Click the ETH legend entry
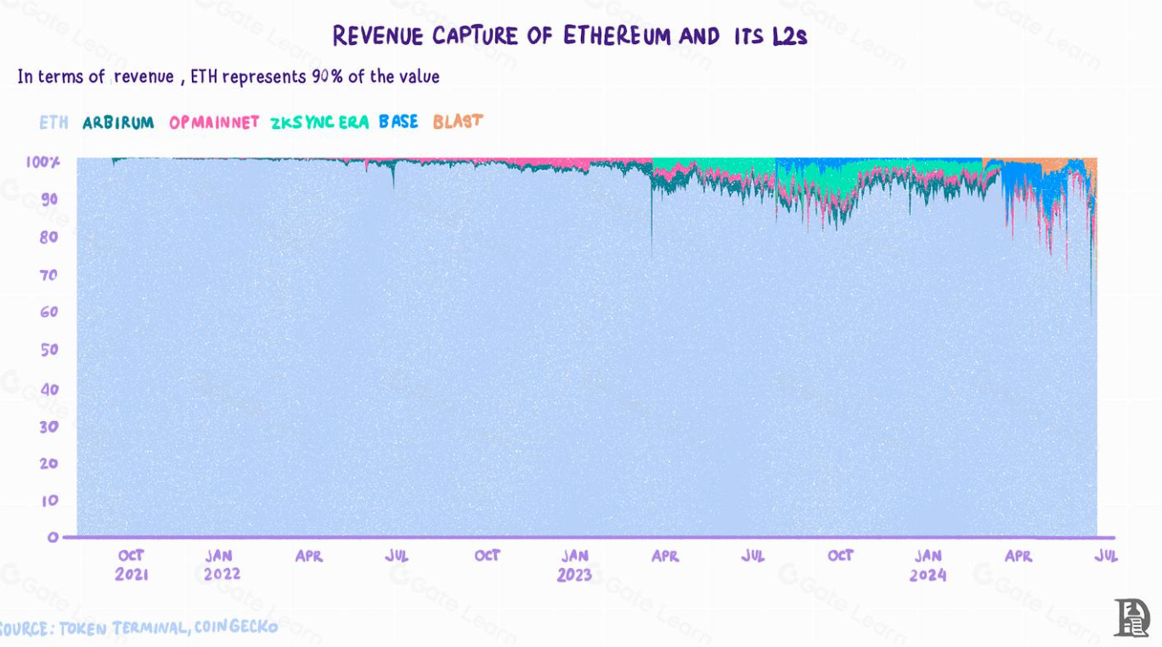coord(54,122)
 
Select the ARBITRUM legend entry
coord(118,122)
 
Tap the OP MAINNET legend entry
coord(214,122)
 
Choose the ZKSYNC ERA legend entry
coord(319,122)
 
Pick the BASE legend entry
coord(398,121)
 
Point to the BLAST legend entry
coord(458,121)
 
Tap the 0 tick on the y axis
coord(53,537)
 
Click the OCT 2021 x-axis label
coord(132,565)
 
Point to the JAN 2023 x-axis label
coord(575,565)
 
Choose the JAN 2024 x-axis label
coord(928,565)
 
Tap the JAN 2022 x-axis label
coord(221,565)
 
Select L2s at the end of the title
coord(789,36)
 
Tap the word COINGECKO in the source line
coord(236,627)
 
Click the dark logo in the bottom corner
coord(1131,617)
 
